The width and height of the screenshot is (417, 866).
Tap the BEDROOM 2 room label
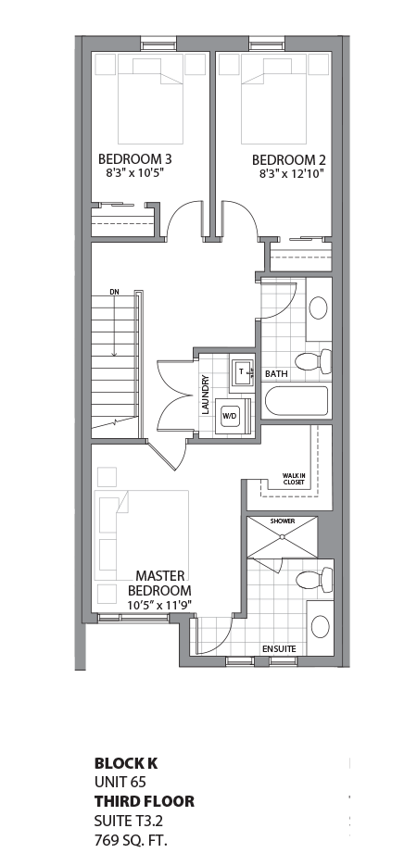(x=287, y=159)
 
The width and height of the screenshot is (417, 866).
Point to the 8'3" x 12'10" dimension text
(x=290, y=173)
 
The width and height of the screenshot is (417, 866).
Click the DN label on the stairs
(x=114, y=293)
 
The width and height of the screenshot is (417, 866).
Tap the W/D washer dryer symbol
(x=229, y=417)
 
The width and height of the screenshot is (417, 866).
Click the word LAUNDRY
(x=205, y=394)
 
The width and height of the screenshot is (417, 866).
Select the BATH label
(x=276, y=374)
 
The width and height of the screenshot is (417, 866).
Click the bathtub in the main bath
(x=297, y=402)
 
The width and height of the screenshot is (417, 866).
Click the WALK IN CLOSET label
(x=294, y=479)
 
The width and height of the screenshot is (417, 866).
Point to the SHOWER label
(x=282, y=521)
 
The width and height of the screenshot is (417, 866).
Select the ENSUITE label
(x=279, y=649)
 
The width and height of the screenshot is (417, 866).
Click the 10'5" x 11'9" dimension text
(x=158, y=606)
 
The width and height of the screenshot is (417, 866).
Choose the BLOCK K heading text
(x=126, y=764)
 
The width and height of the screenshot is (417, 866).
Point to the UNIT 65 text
(x=120, y=783)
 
